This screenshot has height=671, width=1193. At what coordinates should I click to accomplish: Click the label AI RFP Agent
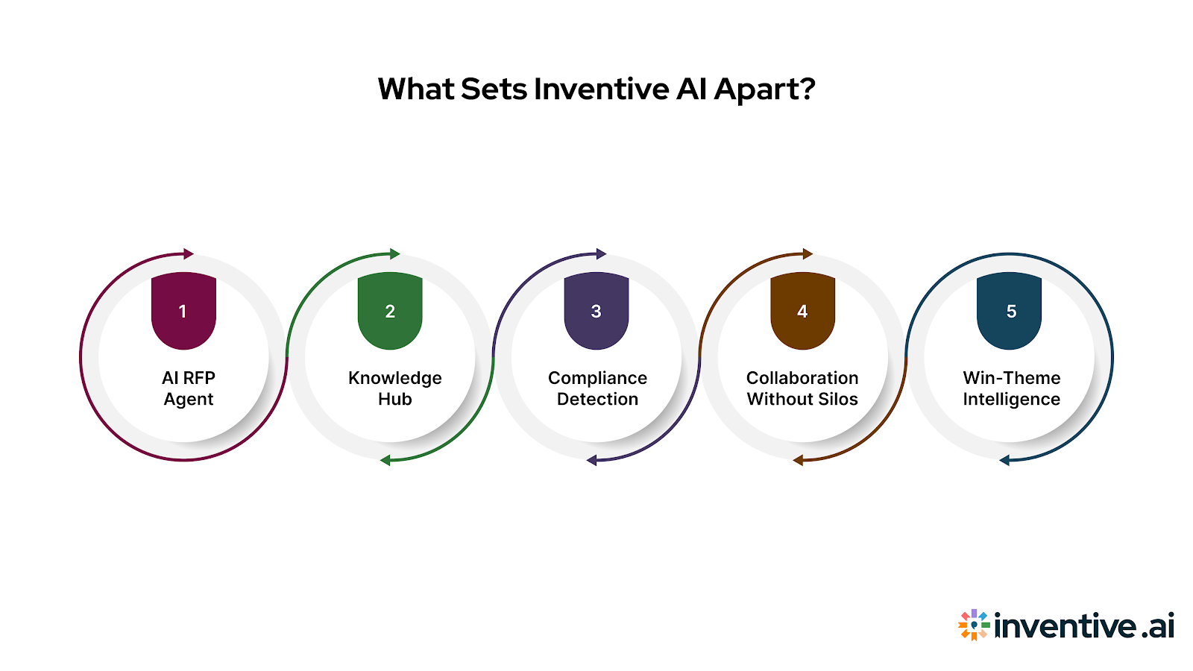(x=189, y=388)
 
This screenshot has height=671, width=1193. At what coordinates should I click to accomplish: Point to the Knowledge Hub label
(x=395, y=388)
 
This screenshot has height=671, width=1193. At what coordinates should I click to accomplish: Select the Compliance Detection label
(x=597, y=388)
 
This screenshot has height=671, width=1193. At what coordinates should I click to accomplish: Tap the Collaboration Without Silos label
(x=802, y=388)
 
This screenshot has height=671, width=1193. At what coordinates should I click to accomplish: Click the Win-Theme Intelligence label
(x=1011, y=388)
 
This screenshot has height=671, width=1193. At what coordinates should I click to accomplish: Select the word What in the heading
(x=415, y=89)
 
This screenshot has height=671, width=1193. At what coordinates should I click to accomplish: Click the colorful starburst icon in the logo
(x=974, y=625)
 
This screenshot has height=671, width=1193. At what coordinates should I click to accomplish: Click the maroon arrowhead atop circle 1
(x=188, y=254)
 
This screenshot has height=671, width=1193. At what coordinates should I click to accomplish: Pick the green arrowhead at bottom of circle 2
(x=385, y=460)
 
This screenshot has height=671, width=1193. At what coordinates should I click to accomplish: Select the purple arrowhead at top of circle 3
(x=601, y=254)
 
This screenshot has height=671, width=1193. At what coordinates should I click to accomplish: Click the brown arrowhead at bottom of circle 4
(x=798, y=460)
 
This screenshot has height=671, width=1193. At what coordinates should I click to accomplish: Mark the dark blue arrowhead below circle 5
(x=1004, y=460)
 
